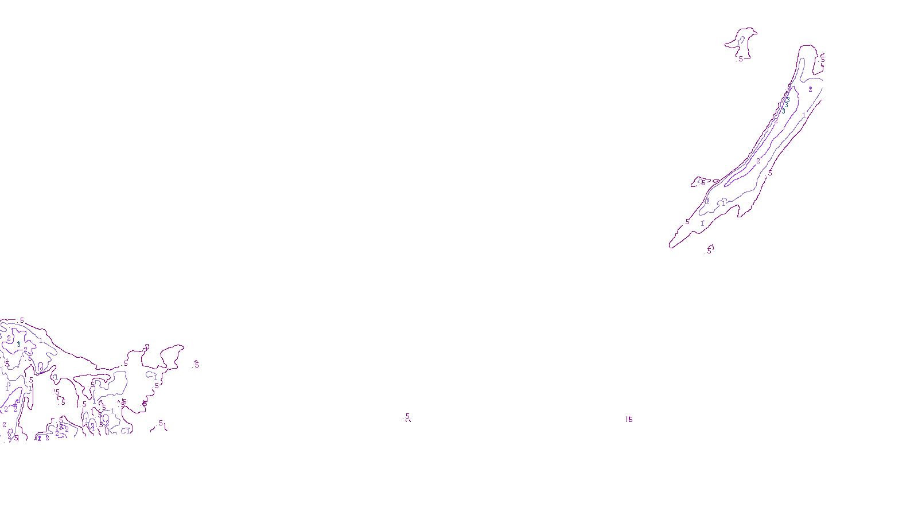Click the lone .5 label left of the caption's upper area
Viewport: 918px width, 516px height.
tap(407, 417)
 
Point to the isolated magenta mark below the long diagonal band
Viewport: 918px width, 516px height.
tap(629, 419)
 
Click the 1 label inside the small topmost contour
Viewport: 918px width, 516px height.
tap(738, 43)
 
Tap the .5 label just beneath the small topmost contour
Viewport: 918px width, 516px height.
tap(740, 58)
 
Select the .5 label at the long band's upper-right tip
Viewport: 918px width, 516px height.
tap(822, 58)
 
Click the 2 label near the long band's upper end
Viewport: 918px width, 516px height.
tap(810, 89)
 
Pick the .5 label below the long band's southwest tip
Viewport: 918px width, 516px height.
tap(709, 250)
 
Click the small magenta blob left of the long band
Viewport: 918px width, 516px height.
tap(701, 182)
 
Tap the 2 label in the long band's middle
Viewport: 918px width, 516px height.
tap(758, 161)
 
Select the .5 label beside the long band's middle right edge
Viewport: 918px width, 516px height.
tap(770, 173)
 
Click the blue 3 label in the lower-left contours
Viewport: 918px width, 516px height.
tap(19, 344)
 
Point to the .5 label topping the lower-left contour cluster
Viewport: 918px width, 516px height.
tap(22, 320)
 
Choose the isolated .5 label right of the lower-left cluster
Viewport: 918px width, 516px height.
tap(196, 365)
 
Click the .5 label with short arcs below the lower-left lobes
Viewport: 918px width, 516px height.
tap(161, 424)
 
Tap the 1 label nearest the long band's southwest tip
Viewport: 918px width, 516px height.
tap(702, 223)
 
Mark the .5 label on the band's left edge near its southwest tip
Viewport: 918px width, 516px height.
tap(687, 221)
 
